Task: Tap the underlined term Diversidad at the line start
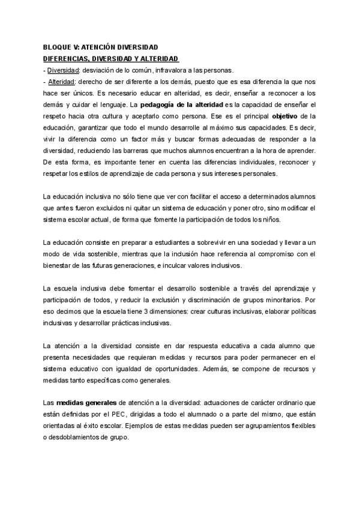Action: click(63, 70)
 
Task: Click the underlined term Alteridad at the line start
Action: click(62, 81)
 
